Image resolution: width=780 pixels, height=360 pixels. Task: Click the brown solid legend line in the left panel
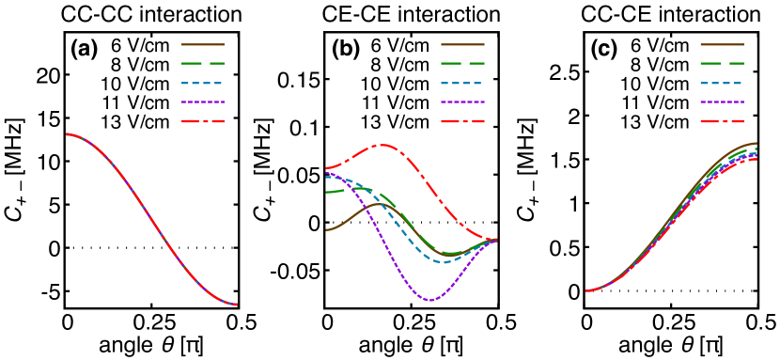[x=203, y=44]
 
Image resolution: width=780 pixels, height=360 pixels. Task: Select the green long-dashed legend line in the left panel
[x=203, y=63]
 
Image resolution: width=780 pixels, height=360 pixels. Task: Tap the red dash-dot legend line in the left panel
[x=203, y=121]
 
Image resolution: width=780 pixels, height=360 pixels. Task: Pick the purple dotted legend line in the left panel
[x=203, y=102]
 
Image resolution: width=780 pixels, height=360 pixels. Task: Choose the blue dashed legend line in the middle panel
[x=462, y=83]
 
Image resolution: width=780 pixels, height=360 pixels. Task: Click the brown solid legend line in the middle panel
[x=462, y=44]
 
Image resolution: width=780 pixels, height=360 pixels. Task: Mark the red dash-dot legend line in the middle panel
[x=462, y=121]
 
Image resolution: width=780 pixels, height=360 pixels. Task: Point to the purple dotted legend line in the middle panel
[x=462, y=102]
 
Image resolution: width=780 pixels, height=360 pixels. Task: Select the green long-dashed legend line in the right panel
[x=722, y=63]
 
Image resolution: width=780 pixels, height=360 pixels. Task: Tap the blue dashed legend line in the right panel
[x=722, y=83]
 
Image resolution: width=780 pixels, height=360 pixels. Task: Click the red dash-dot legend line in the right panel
[x=722, y=121]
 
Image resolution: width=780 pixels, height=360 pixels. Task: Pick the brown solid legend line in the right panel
[x=722, y=44]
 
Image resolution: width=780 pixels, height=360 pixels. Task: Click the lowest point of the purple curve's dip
[x=430, y=301]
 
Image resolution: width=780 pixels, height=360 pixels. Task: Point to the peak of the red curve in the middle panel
[x=382, y=145]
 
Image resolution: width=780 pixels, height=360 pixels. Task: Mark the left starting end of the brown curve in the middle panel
[x=326, y=229]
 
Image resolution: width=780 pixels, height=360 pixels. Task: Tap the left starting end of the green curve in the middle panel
[x=326, y=192]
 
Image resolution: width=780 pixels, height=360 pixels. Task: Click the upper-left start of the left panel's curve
[x=67, y=133]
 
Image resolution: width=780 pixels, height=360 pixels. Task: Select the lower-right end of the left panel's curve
[x=237, y=305]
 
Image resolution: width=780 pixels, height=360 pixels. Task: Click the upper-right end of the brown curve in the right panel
[x=756, y=143]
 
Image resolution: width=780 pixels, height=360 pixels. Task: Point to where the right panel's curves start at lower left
[x=586, y=290]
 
